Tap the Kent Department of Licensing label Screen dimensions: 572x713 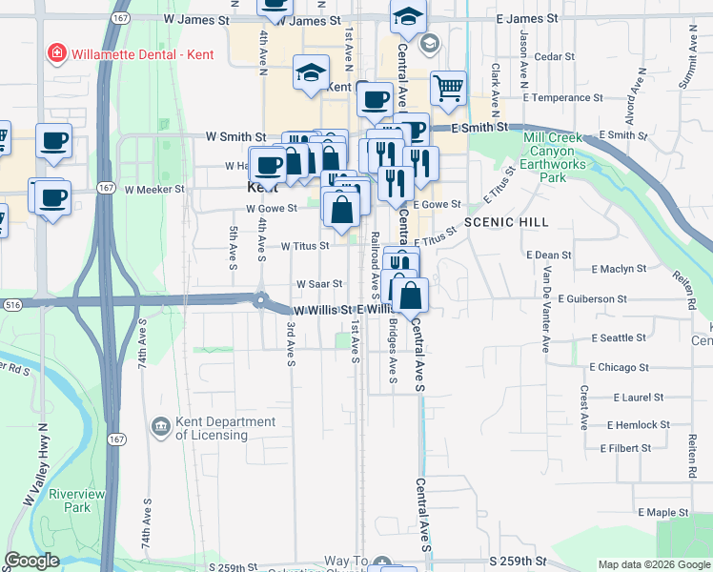click(225, 428)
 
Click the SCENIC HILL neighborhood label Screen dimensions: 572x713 click(495, 221)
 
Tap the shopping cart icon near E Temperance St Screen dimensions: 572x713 click(448, 89)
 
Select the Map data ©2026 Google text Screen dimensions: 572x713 click(653, 564)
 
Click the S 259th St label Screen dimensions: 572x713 click(518, 564)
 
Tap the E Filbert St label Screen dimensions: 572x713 click(625, 447)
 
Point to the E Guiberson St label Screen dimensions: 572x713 click(593, 298)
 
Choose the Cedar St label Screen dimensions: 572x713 click(555, 57)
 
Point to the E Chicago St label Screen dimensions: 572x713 click(619, 366)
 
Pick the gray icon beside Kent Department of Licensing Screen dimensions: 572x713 click(160, 424)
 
